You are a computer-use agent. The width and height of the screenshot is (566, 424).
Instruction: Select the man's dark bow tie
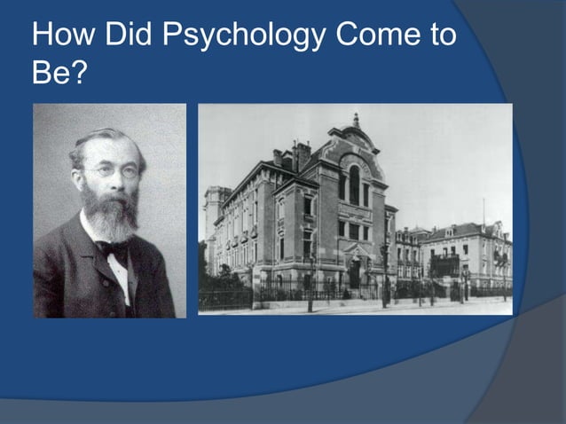[113, 249]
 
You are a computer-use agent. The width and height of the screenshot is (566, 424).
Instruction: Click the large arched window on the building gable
[354, 185]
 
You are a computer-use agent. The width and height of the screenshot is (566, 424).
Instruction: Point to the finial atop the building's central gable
[356, 118]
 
